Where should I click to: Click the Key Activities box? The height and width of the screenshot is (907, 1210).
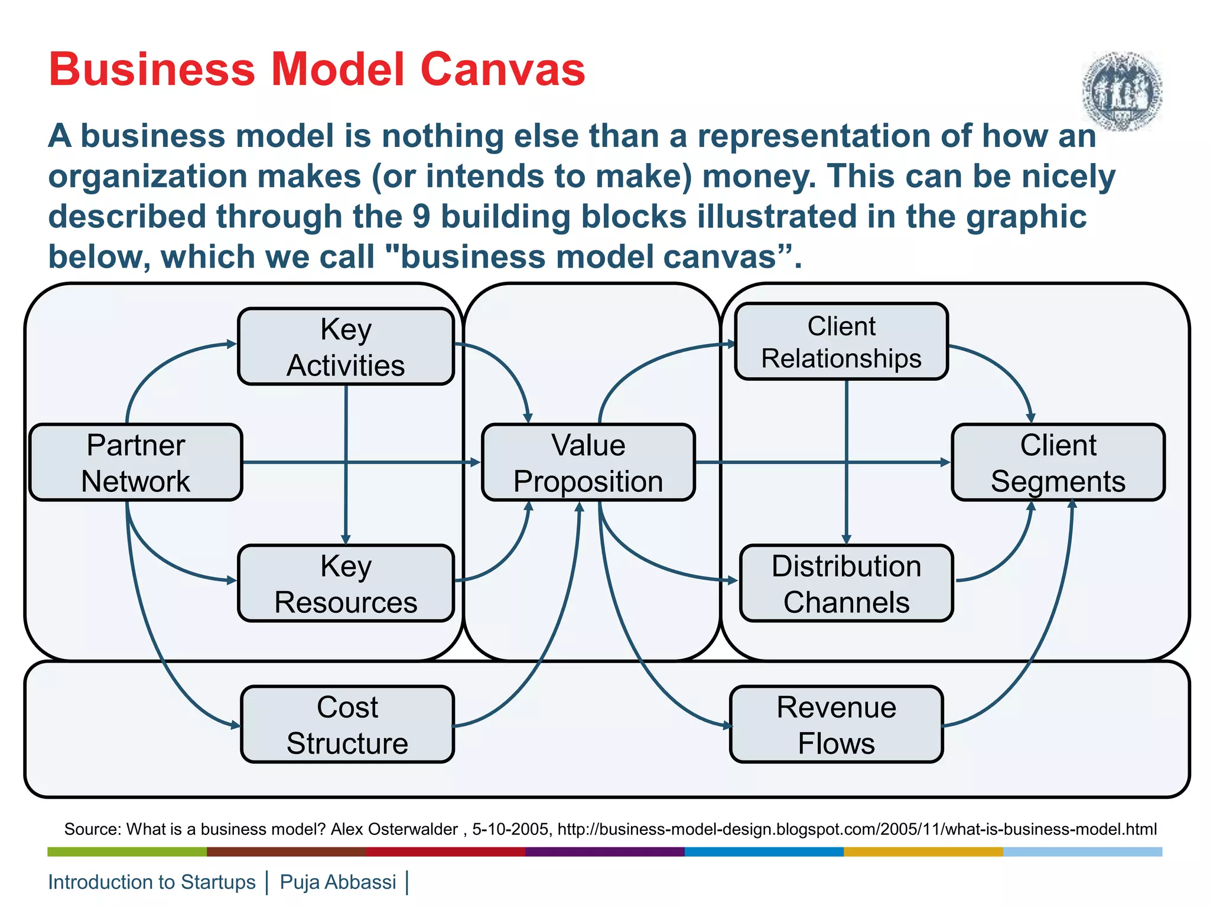346,347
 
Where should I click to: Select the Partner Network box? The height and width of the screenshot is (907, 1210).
136,462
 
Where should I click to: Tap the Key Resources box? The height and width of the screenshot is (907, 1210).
346,583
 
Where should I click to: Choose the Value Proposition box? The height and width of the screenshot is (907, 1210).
588,462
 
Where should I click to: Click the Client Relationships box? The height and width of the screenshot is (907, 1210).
841,342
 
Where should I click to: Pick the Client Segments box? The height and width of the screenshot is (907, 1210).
1058,462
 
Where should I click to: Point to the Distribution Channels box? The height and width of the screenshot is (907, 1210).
846,583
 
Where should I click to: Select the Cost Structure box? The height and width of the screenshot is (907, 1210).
347,725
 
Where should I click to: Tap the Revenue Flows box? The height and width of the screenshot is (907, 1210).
836,725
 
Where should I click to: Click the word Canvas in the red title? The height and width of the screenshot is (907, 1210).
502,69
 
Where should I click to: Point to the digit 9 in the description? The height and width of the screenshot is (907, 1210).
421,216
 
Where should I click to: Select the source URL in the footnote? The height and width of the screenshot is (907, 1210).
857,830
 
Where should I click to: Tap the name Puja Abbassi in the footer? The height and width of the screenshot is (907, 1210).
337,882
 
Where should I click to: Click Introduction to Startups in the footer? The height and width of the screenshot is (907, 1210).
152,882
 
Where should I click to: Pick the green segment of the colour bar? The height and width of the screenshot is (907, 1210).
127,851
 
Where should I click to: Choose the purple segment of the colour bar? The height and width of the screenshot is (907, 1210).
604,851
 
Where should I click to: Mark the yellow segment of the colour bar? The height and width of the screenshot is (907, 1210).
923,851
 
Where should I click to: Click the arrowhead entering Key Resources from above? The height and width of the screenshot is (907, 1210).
346,539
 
